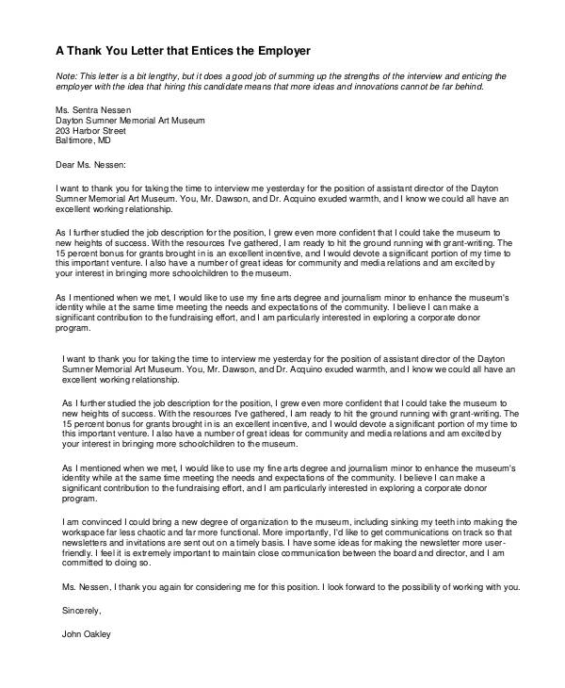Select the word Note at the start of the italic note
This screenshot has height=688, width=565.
click(66, 75)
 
